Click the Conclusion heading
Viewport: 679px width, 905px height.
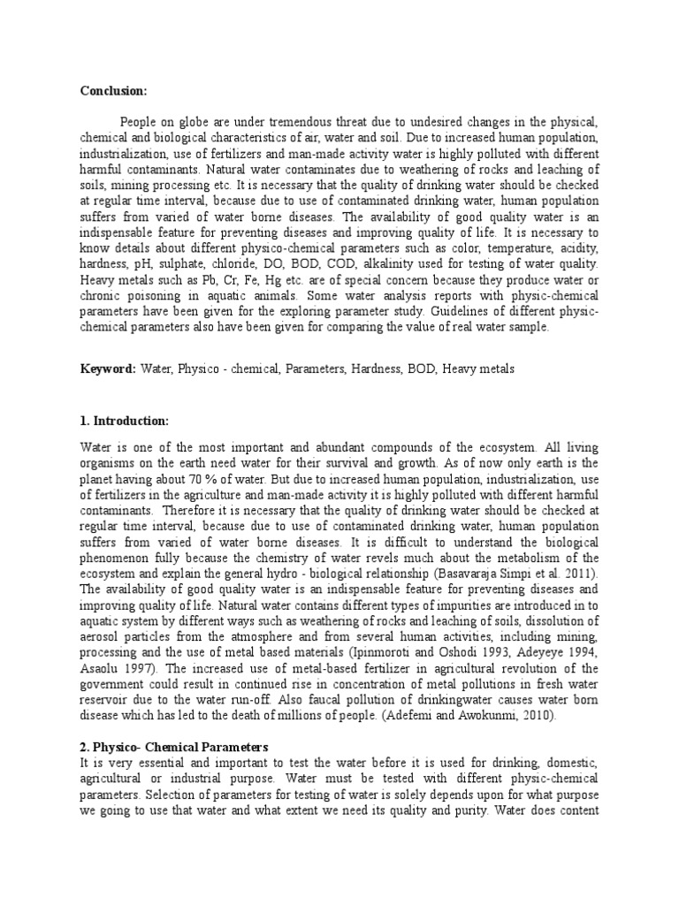114,91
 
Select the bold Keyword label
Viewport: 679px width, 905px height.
107,368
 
